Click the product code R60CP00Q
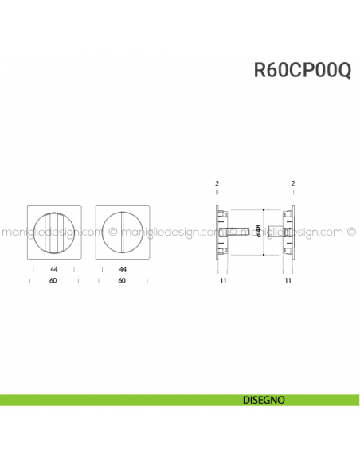303,70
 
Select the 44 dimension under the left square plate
53,270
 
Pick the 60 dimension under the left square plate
53,281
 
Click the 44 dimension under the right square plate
122,270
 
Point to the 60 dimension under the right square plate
122,281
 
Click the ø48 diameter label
258,231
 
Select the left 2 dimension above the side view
217,184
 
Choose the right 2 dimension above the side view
293,184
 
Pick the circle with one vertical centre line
122,232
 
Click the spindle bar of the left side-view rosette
238,232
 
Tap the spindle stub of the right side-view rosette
274,232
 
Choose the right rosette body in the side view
286,232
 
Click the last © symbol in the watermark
351,233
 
